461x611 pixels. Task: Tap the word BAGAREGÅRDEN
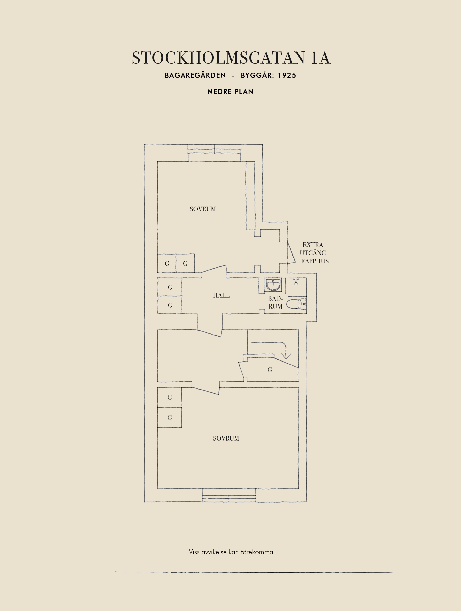click(x=195, y=75)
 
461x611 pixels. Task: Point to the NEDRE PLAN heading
click(x=230, y=92)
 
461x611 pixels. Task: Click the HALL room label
click(x=221, y=295)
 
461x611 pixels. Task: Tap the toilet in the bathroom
click(x=296, y=304)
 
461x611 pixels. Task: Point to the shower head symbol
click(x=296, y=282)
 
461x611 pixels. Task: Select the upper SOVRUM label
click(x=203, y=209)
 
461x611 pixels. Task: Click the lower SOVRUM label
click(x=226, y=438)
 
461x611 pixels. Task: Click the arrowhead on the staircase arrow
click(x=286, y=356)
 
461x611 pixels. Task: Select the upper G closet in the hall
click(x=170, y=287)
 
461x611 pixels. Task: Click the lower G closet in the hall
click(x=170, y=305)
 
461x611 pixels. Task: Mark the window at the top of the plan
click(x=214, y=153)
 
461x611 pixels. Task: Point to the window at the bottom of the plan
click(x=229, y=495)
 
